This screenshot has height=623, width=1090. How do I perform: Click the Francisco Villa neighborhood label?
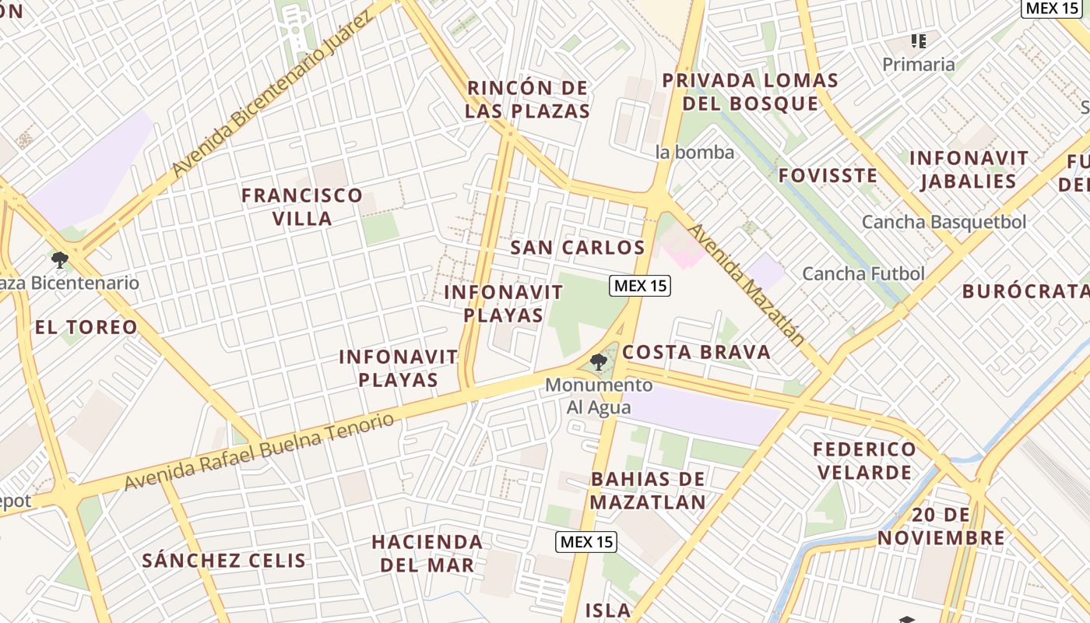tap(302, 206)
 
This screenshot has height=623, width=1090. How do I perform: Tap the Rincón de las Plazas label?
tap(527, 100)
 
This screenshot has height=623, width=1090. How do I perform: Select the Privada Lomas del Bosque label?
tap(751, 92)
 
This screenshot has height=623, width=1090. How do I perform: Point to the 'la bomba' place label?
tap(695, 152)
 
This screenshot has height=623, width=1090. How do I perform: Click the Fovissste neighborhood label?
tap(828, 175)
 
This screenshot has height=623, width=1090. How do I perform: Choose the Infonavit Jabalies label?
tap(969, 170)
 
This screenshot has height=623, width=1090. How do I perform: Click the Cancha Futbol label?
tap(863, 273)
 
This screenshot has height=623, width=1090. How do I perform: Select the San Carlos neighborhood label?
tap(578, 248)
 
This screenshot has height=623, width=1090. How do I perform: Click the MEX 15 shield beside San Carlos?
tap(639, 286)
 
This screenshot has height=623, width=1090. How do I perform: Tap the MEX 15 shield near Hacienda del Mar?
tap(586, 542)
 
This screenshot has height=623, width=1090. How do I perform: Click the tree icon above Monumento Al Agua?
tap(598, 361)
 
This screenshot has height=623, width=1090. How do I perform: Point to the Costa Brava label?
tap(696, 352)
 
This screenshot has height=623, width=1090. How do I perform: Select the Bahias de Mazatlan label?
tap(648, 491)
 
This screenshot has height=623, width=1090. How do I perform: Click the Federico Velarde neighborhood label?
tap(864, 461)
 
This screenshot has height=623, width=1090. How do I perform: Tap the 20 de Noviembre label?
tap(941, 526)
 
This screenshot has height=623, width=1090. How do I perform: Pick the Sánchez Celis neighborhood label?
tap(224, 560)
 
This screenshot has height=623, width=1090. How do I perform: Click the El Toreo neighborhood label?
tap(86, 327)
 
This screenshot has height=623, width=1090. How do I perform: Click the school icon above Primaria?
tap(919, 40)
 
